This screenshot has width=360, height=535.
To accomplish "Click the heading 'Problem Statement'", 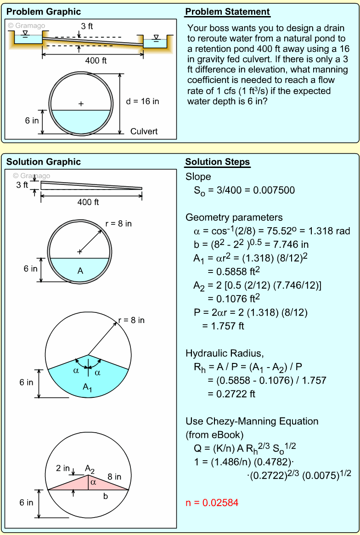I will [227, 12].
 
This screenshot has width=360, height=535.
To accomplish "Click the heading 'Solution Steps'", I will [217, 162].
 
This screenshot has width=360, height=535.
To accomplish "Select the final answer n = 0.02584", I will [212, 502].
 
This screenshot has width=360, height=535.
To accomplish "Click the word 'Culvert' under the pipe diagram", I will [144, 131].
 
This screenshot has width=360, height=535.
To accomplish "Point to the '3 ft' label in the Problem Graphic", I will [87, 26].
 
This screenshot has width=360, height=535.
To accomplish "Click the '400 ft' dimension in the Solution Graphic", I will [88, 202].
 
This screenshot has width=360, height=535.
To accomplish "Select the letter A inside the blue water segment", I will [80, 271].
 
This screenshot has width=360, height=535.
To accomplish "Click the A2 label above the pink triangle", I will [90, 468].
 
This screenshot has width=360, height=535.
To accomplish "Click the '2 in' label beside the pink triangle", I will [63, 468].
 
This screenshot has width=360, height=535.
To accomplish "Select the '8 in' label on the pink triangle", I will [114, 477].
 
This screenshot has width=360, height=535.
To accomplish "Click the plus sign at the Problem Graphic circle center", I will [81, 104].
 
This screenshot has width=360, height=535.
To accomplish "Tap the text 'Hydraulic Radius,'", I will [225, 353].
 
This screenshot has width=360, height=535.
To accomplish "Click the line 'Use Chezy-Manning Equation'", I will [252, 421].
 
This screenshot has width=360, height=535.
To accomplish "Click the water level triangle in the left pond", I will [25, 33].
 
